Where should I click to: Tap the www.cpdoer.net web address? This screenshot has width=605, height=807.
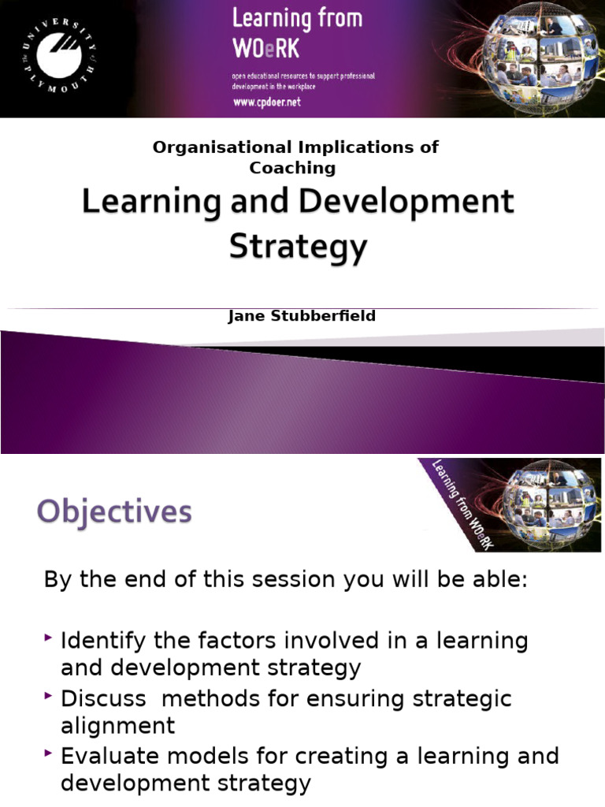click(267, 102)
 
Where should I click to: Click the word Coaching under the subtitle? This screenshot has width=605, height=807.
click(292, 167)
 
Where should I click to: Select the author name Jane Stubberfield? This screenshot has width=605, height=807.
click(302, 316)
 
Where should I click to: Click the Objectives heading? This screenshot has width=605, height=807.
click(114, 513)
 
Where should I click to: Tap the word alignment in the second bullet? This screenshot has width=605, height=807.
click(118, 725)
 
